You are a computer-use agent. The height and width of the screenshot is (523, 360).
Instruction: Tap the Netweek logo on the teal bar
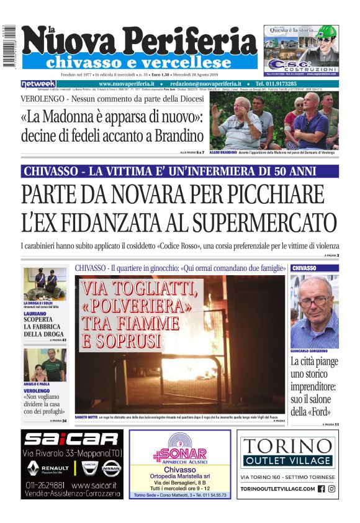(38, 84)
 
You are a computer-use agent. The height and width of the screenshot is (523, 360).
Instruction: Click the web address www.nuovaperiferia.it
(127, 84)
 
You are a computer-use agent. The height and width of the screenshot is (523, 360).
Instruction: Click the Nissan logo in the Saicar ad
(111, 468)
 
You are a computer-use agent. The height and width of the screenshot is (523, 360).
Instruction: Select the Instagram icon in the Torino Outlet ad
(332, 489)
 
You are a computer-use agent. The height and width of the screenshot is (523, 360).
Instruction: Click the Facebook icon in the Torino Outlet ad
(321, 489)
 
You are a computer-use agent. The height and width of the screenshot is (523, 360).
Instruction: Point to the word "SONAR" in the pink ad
(184, 453)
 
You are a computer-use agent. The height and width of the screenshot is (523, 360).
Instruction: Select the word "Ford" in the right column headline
(323, 412)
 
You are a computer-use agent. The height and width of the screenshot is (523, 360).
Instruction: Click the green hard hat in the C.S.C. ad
(323, 31)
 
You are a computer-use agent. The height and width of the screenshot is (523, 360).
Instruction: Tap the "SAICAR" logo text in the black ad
(71, 439)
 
